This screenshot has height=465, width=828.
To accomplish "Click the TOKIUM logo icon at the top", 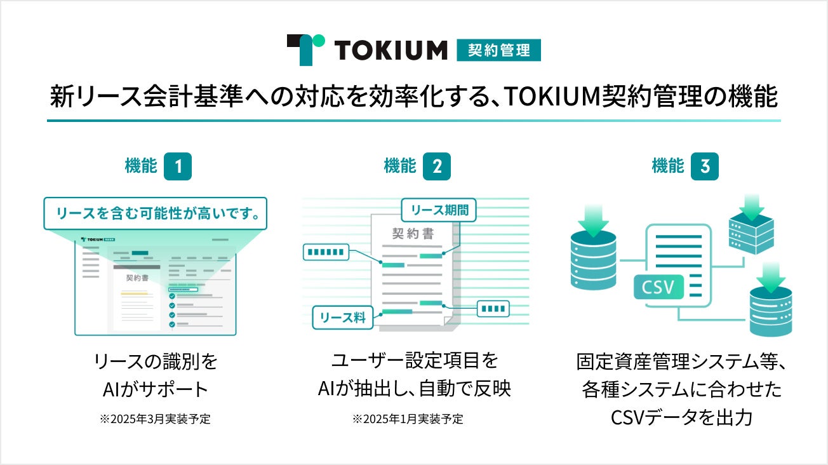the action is coord(305,49).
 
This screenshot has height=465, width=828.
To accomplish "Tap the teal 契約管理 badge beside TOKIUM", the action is coord(498,50).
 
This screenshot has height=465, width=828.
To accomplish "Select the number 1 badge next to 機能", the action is coord(178,167).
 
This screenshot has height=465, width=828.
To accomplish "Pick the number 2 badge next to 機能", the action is coord(437,167).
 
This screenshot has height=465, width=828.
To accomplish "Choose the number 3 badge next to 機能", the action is coord(705,167).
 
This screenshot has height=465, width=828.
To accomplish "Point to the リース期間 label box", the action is coord(439,210).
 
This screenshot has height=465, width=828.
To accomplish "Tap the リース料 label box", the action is coord(344,317).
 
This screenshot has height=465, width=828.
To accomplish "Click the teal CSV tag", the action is coord(658,287).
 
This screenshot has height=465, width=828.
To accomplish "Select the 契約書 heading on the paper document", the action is coord(413,234).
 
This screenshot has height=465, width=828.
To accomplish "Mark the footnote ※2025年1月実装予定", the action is coord(408,420).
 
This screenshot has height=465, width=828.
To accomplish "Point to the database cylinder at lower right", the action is coord(771,311).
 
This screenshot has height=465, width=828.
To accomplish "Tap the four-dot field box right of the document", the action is coord(493,309).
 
